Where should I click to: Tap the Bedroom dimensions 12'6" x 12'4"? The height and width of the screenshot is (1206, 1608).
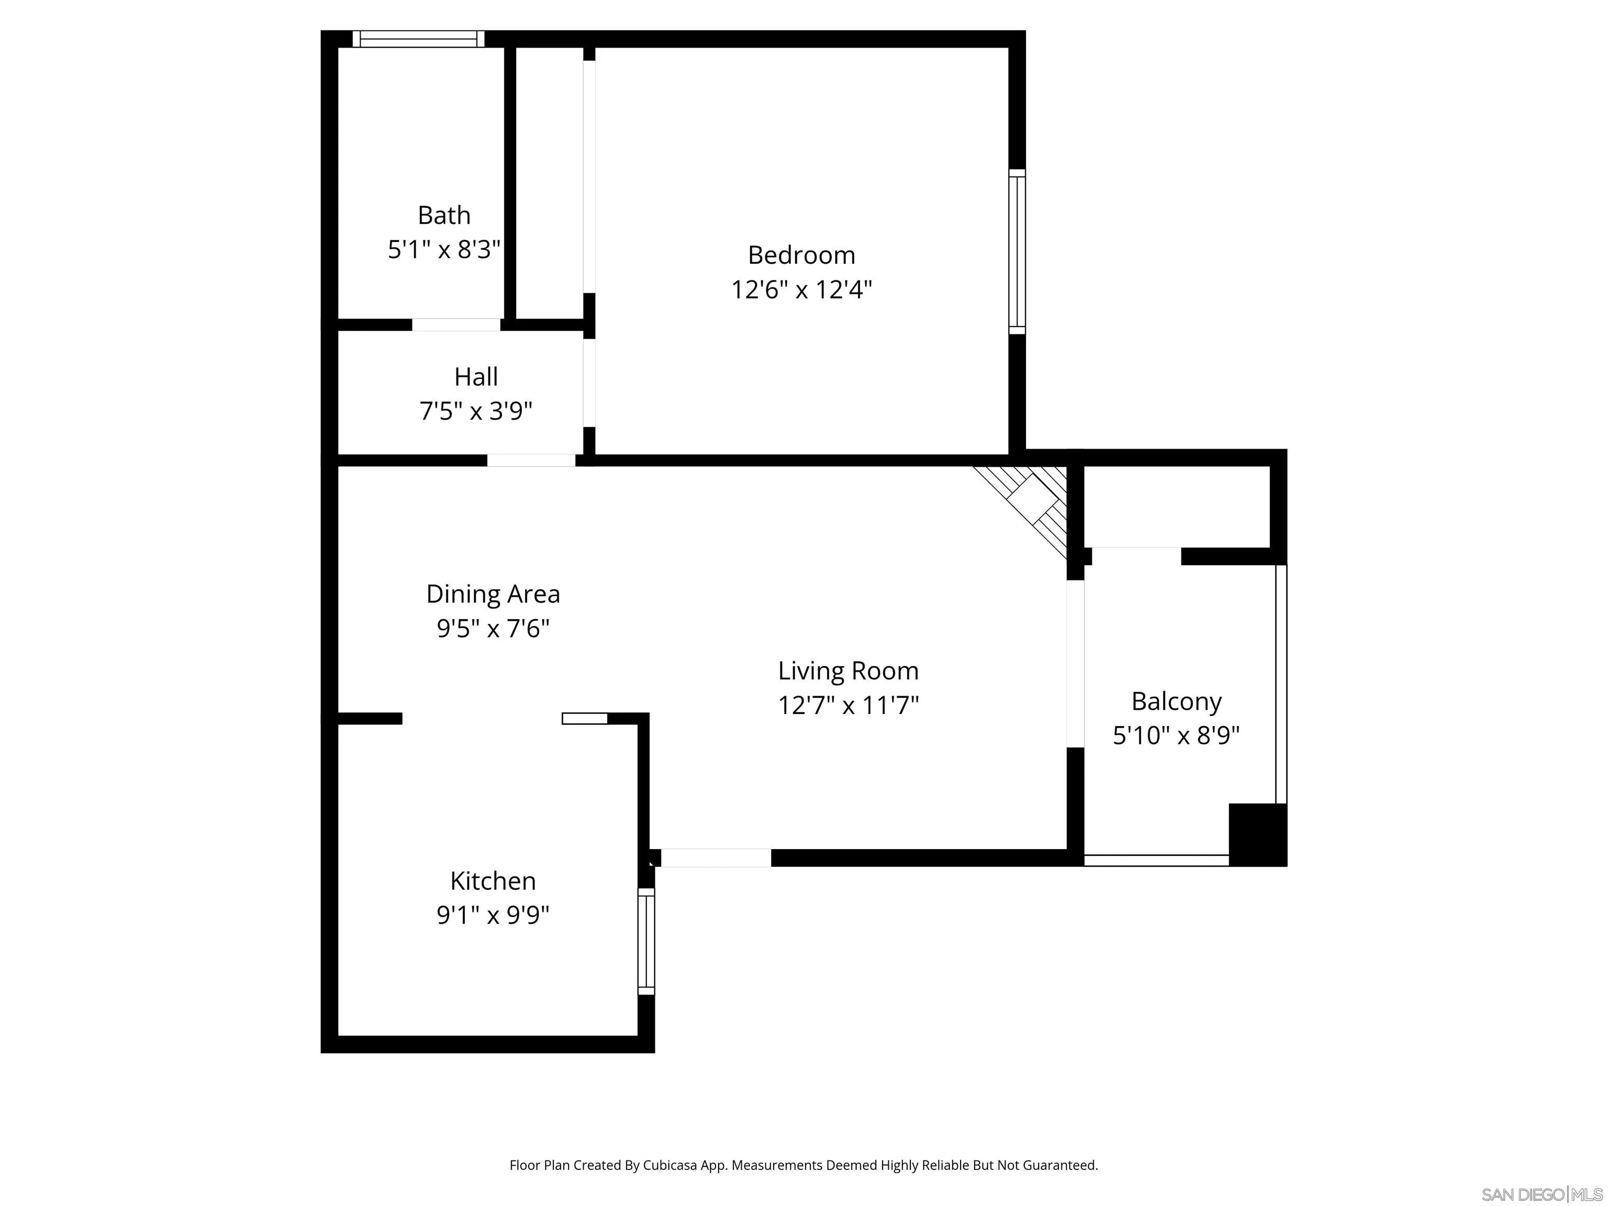click(801, 289)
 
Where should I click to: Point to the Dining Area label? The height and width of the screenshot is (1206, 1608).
click(493, 594)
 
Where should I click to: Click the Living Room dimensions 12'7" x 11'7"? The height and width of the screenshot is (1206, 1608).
click(848, 705)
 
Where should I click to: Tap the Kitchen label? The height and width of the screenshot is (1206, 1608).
click(493, 880)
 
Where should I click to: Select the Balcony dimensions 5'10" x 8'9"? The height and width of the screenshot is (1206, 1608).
click(1176, 735)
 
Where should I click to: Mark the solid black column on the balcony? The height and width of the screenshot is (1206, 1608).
click(1257, 834)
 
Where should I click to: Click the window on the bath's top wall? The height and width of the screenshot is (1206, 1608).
click(419, 39)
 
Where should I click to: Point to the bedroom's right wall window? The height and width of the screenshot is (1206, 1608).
click(1017, 252)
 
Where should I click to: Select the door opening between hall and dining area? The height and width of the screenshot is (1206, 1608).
click(531, 460)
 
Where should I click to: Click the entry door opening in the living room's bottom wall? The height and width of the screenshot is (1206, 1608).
click(716, 858)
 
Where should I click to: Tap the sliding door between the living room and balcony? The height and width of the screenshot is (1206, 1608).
click(1075, 663)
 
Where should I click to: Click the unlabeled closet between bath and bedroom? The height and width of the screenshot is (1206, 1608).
click(550, 182)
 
